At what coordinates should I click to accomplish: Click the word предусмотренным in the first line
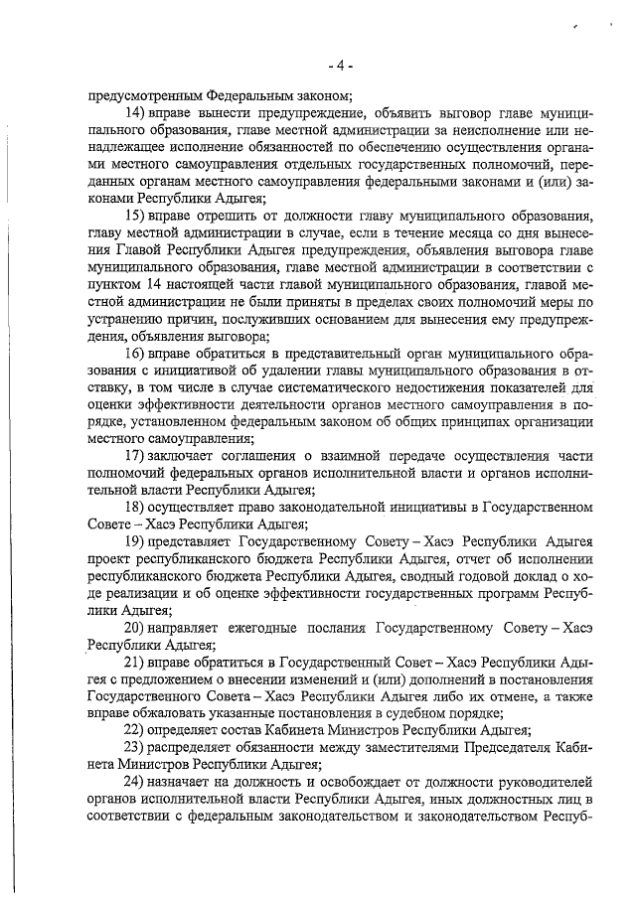tap(143, 96)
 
